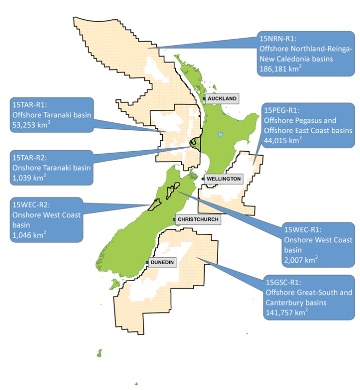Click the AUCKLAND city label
pyautogui.click(x=222, y=98)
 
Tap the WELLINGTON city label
pyautogui.click(x=224, y=179)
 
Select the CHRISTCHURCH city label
pyautogui.click(x=198, y=219)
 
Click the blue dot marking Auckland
pyautogui.click(x=204, y=98)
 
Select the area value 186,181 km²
pyautogui.click(x=280, y=69)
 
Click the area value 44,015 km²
pyautogui.click(x=283, y=141)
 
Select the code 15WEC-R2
pyautogui.click(x=30, y=204)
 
